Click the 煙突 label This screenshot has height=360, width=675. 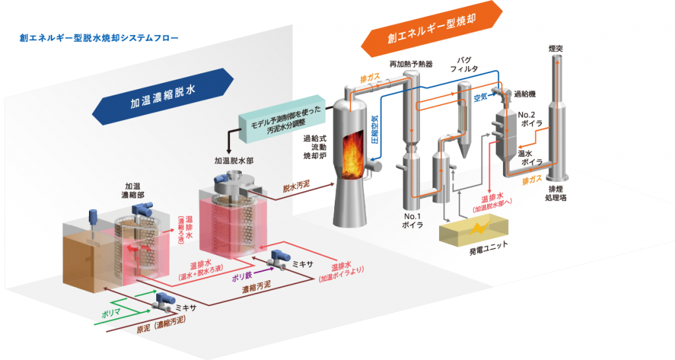click(555, 48)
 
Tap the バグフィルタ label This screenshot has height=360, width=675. click(461, 63)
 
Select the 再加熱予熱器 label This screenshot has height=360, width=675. click(411, 64)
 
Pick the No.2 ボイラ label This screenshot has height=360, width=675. click(530, 119)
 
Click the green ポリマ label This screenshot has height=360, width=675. click(111, 313)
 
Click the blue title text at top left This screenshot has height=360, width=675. click(99, 38)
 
